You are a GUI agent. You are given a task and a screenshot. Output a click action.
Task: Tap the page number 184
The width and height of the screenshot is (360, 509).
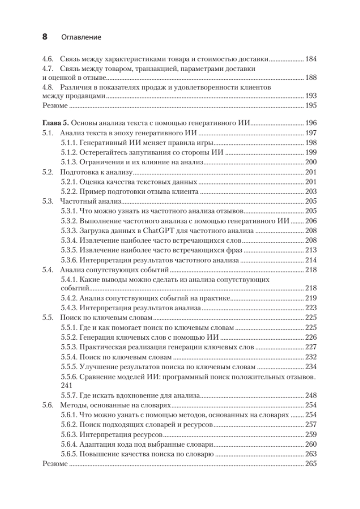311,59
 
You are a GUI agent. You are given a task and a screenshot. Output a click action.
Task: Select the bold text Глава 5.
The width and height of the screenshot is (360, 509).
55,124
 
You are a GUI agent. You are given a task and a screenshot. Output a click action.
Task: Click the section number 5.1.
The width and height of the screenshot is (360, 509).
47,133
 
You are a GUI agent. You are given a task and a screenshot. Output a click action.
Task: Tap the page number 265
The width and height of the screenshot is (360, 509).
311,464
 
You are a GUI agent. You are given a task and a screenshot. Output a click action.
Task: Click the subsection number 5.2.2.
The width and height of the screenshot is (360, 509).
69,192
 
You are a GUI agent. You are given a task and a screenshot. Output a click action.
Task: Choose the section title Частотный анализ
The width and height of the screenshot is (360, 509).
91,201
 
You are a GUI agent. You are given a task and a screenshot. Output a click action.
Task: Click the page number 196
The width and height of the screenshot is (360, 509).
311,124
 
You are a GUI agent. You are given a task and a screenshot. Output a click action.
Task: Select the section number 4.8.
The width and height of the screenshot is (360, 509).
47,88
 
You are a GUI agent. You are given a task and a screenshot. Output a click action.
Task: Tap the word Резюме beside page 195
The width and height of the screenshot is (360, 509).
54,105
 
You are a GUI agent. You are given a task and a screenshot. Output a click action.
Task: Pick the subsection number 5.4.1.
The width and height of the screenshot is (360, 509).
69,280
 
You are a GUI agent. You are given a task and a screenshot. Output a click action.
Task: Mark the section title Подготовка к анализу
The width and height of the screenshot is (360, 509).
97,172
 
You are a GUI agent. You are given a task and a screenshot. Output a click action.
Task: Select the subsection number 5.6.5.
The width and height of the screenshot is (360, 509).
69,454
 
